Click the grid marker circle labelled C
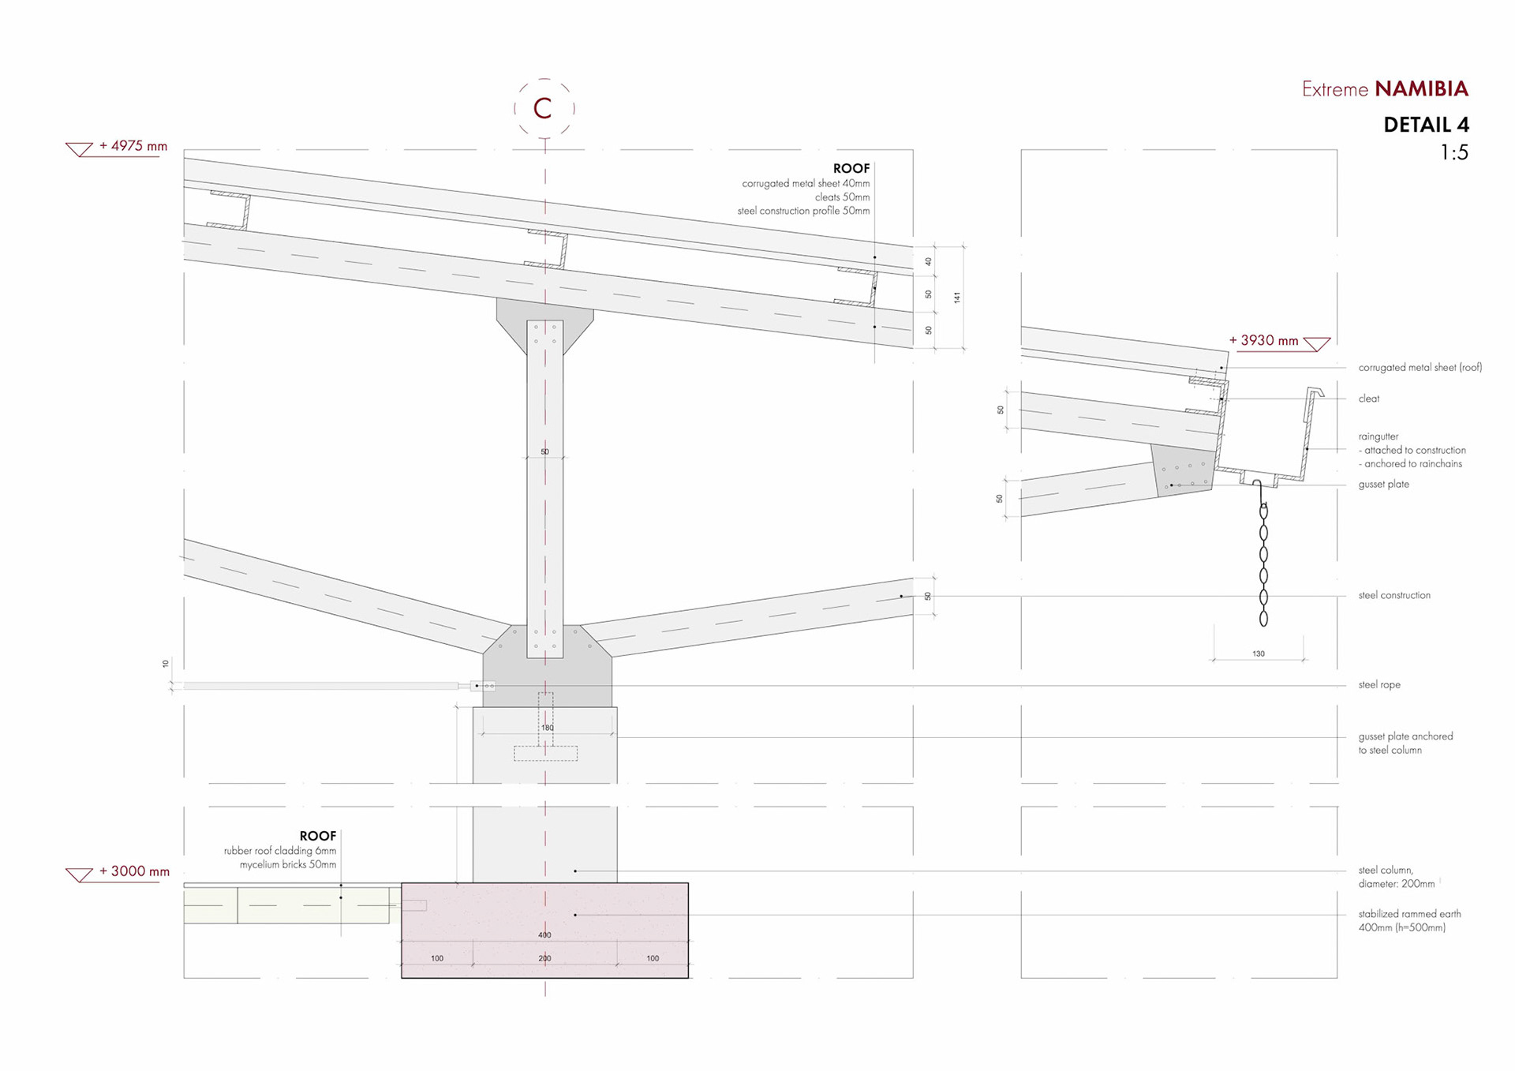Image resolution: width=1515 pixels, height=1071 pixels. tap(544, 108)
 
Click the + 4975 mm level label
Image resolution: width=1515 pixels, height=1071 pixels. tap(133, 146)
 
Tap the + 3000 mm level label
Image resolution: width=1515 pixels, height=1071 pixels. tap(133, 871)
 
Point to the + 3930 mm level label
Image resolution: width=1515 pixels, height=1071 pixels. tap(1263, 340)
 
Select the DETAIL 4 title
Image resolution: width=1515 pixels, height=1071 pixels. tap(1426, 125)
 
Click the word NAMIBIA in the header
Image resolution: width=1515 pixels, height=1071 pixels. tap(1421, 88)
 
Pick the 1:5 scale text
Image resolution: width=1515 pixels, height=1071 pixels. tap(1453, 152)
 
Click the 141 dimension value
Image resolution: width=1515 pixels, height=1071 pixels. tap(957, 298)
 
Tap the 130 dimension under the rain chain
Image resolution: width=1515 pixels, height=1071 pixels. tap(1259, 653)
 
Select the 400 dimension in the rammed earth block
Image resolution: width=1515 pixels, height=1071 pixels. tap(544, 935)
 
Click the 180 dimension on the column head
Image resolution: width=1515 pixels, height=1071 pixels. tap(548, 728)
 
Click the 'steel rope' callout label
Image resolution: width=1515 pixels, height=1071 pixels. tap(1379, 685)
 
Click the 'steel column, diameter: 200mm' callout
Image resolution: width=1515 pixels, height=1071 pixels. tap(1396, 877)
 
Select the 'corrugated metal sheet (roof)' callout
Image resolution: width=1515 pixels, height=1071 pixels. tap(1420, 368)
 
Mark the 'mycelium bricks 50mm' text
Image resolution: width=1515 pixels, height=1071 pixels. tap(287, 865)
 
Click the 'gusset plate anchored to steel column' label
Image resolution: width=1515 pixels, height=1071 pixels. tap(1405, 743)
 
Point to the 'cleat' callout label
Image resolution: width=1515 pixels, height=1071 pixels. tap(1369, 399)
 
